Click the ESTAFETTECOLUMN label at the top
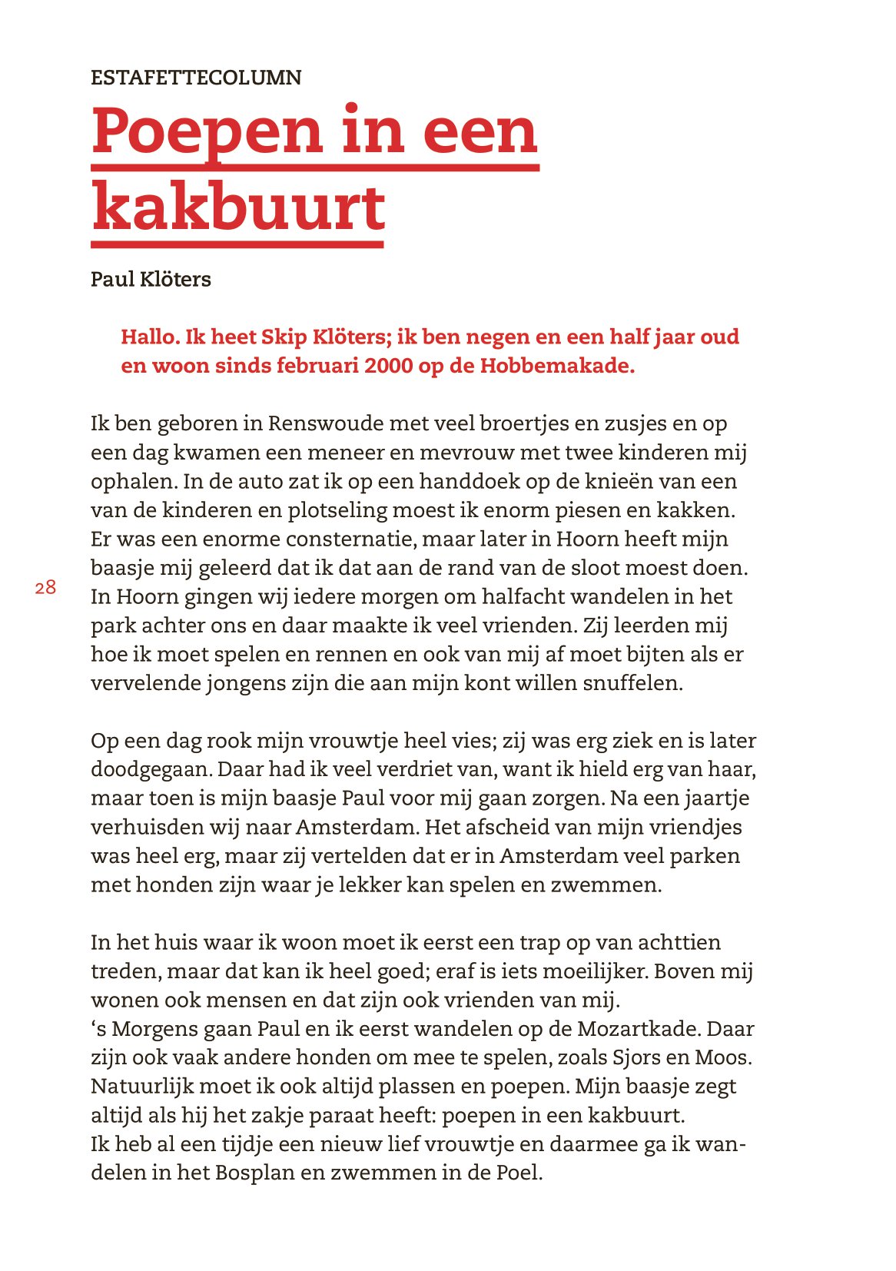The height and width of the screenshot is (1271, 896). [196, 78]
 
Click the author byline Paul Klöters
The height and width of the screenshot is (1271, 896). [151, 279]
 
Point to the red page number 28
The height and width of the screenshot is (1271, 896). [45, 588]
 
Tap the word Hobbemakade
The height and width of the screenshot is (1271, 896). [556, 366]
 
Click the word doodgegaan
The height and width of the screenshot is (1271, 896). [151, 769]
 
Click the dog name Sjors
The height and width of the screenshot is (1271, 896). [636, 1057]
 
